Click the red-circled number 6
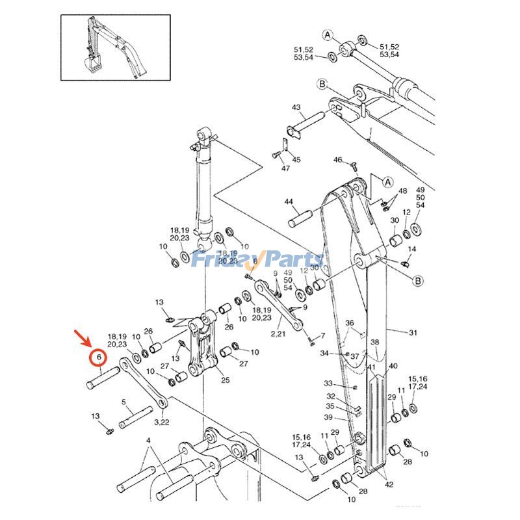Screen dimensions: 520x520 click(97, 357)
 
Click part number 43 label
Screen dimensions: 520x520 click(296, 107)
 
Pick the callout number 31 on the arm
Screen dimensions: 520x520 click(413, 333)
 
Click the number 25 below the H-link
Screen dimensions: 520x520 click(225, 380)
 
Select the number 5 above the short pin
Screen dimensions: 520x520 click(123, 402)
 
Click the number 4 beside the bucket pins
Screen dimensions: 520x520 click(148, 441)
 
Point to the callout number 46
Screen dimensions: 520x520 click(338, 160)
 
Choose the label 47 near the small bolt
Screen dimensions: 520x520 click(285, 168)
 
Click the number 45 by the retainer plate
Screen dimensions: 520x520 click(296, 159)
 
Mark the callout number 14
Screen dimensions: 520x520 click(411, 250)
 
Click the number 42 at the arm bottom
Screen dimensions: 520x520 click(388, 484)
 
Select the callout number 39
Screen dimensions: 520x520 click(329, 417)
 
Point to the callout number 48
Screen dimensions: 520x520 click(403, 191)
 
